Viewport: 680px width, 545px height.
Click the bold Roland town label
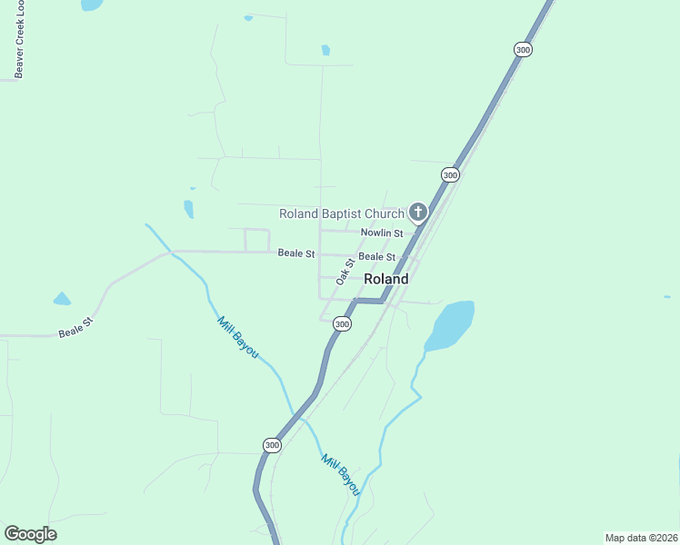pos(385,280)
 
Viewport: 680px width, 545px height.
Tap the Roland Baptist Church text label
pos(341,214)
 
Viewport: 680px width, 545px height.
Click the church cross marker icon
pos(418,213)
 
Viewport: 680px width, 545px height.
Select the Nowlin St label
pos(381,234)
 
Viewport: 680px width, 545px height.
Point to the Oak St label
pos(344,272)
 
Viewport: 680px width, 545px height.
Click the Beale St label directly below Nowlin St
pos(376,257)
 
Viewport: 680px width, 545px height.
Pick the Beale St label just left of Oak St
pos(296,253)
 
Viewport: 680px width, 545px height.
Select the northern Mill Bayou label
pos(237,337)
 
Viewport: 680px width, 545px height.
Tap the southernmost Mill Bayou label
pos(341,474)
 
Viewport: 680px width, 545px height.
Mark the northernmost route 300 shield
pos(522,50)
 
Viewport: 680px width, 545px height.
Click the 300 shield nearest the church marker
pos(449,173)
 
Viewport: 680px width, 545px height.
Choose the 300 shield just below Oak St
pos(341,323)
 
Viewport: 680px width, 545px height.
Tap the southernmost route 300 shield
pos(272,445)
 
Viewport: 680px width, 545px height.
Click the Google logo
pos(30,534)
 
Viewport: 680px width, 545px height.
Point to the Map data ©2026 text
pos(640,538)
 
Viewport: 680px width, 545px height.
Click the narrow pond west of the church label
pos(189,209)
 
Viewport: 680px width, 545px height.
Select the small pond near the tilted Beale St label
pos(62,298)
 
